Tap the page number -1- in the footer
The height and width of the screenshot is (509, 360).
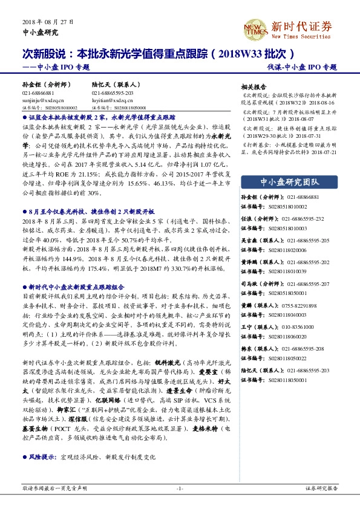click(x=180, y=488)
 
